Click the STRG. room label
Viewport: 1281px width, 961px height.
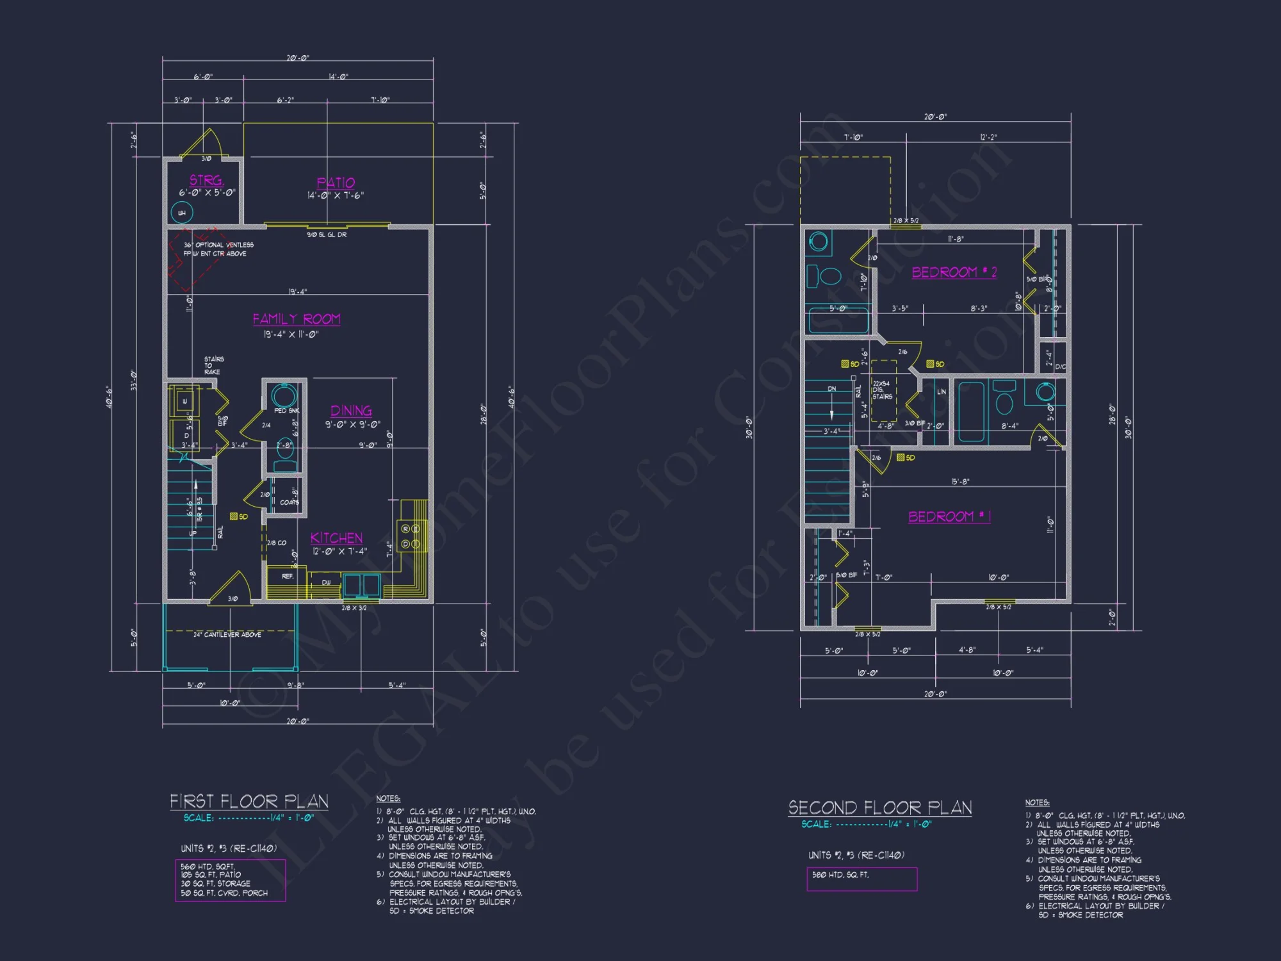tap(206, 180)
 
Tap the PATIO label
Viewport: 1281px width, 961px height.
tap(336, 183)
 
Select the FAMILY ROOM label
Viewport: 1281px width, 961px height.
tap(297, 319)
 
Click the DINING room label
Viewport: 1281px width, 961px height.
tap(351, 411)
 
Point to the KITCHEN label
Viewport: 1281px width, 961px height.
tap(337, 538)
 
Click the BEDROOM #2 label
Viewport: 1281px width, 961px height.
tap(954, 272)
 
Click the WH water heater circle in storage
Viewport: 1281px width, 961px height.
tap(182, 213)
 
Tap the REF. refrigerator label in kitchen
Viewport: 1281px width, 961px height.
tap(288, 577)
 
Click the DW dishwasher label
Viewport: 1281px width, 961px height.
tap(327, 582)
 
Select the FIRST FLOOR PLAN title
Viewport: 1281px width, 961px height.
tap(249, 801)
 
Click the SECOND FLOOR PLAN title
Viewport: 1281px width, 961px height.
tap(880, 808)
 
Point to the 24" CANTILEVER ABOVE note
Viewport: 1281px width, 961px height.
tap(227, 634)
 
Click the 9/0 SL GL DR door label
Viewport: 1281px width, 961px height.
tap(327, 235)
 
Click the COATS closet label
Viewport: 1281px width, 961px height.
tap(290, 502)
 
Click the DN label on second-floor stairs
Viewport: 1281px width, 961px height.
tap(831, 389)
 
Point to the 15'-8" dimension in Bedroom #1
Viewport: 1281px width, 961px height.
tap(960, 482)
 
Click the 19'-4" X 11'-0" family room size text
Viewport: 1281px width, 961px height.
tap(291, 334)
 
